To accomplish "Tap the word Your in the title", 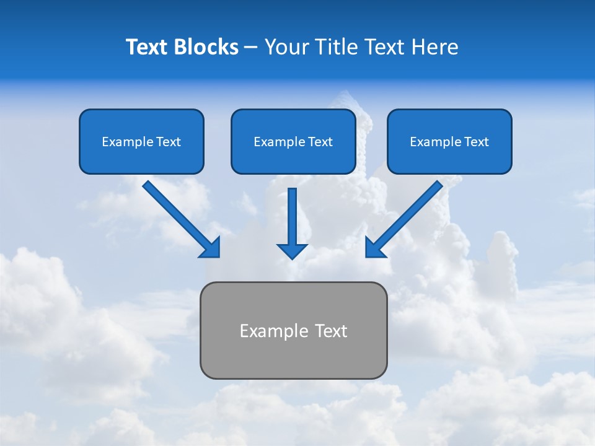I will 286,47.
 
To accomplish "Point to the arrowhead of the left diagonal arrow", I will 211,248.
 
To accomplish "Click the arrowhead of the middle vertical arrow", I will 292,251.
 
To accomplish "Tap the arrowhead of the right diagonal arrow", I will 374,248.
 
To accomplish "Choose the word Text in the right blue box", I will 475,142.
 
